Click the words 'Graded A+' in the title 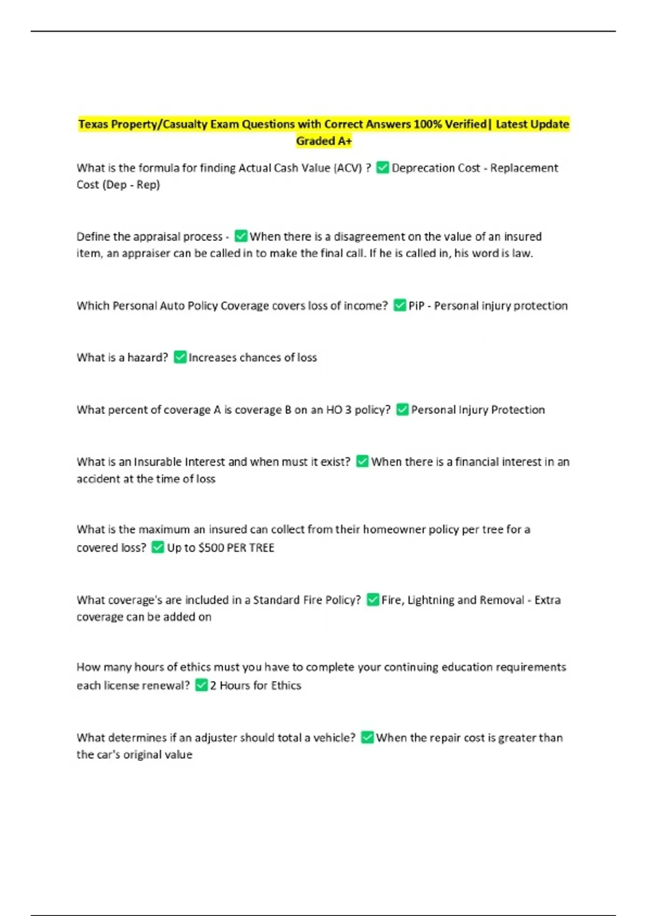(323, 141)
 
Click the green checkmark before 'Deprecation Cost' (382, 168)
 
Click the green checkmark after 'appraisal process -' (241, 236)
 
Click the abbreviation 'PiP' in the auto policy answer (416, 306)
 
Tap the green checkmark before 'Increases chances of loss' (180, 357)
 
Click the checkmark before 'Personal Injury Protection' (402, 410)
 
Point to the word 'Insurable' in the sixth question (157, 462)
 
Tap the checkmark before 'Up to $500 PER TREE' (157, 547)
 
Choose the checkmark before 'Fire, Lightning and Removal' (373, 600)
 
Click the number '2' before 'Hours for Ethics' (214, 685)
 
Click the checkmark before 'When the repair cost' (367, 737)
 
